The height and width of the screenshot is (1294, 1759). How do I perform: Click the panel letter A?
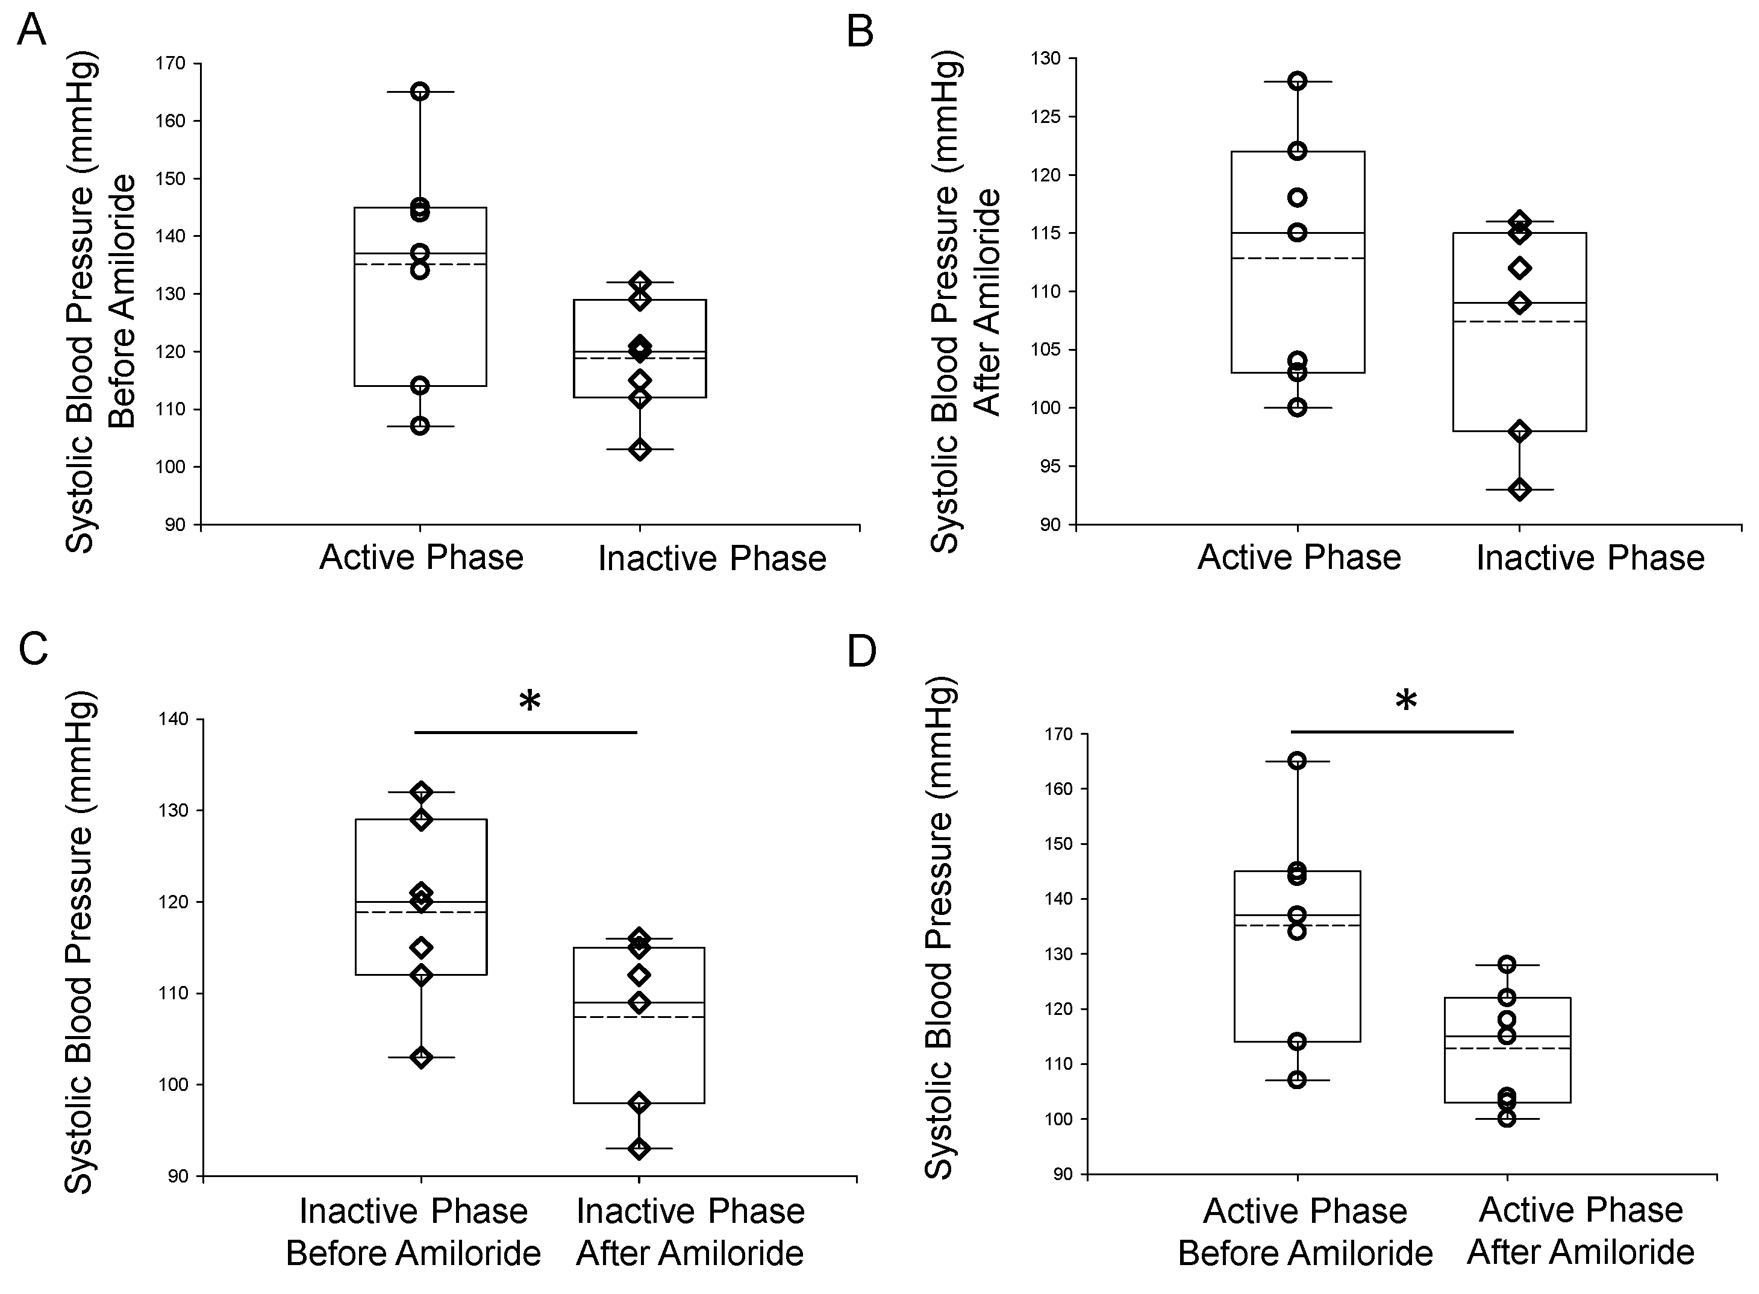click(x=32, y=32)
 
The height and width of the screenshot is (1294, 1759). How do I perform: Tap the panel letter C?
click(x=34, y=649)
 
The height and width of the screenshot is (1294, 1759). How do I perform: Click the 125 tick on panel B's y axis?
click(x=1046, y=117)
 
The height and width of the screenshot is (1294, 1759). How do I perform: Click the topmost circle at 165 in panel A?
click(x=420, y=92)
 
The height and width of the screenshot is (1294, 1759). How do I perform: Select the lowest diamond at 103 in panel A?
click(x=640, y=450)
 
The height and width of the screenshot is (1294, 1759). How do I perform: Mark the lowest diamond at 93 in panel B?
click(x=1519, y=489)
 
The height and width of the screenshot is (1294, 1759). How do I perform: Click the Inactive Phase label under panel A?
click(x=711, y=559)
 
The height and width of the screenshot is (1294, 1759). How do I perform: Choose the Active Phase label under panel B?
click(x=1299, y=557)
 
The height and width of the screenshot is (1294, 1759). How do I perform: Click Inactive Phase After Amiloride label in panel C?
click(x=690, y=1231)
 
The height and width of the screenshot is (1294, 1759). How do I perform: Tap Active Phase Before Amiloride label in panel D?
click(x=1305, y=1231)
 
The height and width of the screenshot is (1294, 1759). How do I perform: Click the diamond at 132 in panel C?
click(x=421, y=792)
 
